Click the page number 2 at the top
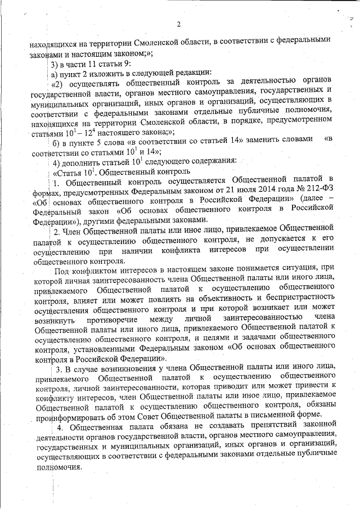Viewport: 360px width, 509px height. [x=178, y=24]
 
